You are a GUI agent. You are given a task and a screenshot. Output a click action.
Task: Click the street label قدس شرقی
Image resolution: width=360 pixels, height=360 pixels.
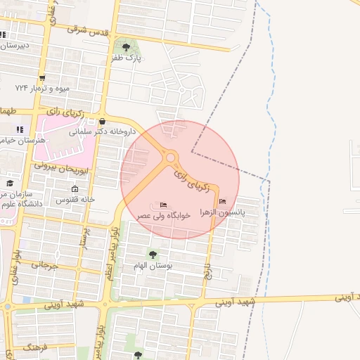[x=87, y=30]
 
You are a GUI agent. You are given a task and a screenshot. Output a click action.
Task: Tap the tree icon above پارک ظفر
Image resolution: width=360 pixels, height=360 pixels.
[x=127, y=47]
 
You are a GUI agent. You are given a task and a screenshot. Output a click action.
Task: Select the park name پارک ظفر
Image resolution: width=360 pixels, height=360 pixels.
[x=127, y=59]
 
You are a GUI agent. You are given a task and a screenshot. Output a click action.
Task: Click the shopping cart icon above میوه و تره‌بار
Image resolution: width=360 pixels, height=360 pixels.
[x=43, y=78]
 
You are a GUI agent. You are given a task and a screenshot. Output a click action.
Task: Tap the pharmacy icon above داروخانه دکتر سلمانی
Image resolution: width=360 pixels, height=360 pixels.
[x=103, y=120]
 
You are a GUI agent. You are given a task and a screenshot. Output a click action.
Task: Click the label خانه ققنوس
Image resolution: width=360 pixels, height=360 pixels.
[x=75, y=200]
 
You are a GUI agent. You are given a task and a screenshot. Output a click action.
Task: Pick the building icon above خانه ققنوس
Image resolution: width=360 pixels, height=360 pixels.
[x=75, y=190]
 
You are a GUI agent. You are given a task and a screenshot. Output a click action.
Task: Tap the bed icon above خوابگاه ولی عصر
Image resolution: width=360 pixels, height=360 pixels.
[x=164, y=205]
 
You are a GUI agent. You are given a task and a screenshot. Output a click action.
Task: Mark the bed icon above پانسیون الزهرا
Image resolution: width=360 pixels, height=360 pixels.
[x=223, y=202]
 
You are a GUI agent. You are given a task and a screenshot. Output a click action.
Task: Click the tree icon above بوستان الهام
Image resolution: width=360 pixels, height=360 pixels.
[x=153, y=254]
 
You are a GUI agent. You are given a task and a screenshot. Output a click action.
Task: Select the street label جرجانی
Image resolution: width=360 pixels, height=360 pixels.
[x=41, y=266]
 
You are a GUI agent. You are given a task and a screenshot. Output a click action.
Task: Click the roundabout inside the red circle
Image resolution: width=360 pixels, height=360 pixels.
[x=170, y=158]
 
